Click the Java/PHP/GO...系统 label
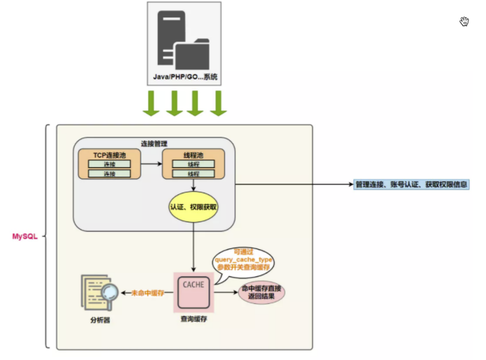click(x=184, y=76)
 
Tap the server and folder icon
click(x=184, y=40)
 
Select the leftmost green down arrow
click(x=151, y=103)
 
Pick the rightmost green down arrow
click(x=218, y=103)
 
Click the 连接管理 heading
click(x=154, y=143)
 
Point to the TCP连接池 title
click(x=108, y=155)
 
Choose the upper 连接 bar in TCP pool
click(x=109, y=164)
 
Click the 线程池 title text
click(x=193, y=155)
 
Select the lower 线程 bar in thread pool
click(x=193, y=173)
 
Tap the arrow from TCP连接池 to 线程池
click(x=151, y=164)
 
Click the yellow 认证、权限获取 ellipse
click(x=193, y=206)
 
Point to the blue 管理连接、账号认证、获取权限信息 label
click(x=411, y=185)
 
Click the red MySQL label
click(x=25, y=236)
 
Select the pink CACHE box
click(x=193, y=292)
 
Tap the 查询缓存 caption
click(x=193, y=319)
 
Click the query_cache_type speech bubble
click(x=243, y=260)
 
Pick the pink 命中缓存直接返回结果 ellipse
click(x=262, y=292)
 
